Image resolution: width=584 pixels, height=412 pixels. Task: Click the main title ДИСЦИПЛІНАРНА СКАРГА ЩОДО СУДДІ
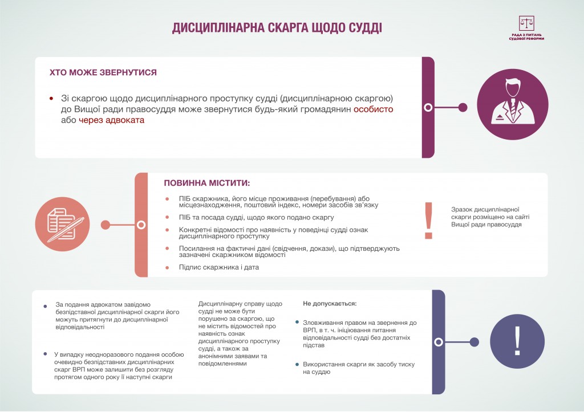tap(277, 29)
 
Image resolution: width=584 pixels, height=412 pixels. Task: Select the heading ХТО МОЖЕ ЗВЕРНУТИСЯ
tap(103, 73)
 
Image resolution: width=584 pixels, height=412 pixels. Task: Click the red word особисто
tap(373, 109)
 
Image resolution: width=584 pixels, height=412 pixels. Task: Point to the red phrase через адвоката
tap(112, 120)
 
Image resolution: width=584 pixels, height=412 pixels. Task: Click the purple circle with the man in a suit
tap(512, 107)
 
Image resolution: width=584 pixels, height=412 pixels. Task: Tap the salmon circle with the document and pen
tap(63, 225)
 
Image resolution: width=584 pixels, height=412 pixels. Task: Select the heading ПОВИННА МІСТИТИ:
tap(206, 183)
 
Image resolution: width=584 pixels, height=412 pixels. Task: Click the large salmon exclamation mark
tap(429, 221)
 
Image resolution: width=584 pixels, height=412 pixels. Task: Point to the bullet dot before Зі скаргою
tap(51, 99)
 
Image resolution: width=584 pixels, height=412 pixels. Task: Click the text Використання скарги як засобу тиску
tap(359, 368)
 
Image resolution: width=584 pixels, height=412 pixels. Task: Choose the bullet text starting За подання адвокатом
tap(111, 316)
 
